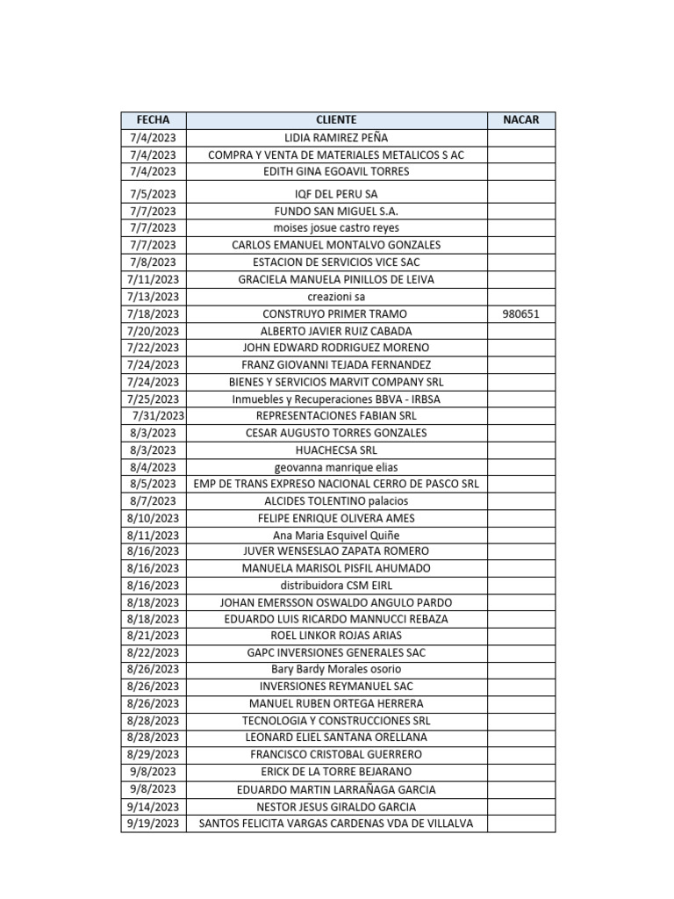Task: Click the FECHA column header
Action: (x=153, y=120)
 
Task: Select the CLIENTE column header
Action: (x=336, y=120)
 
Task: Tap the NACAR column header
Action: (x=521, y=120)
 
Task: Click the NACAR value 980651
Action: (x=521, y=314)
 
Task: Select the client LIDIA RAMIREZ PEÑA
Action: (x=336, y=138)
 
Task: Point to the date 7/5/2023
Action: (x=153, y=194)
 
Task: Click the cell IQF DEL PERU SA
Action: (x=336, y=194)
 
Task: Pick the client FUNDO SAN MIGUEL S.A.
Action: (x=336, y=212)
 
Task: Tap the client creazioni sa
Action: (x=336, y=297)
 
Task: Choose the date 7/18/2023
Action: (x=153, y=314)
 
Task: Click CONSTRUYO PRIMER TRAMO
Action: (x=336, y=314)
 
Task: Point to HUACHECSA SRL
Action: (x=336, y=450)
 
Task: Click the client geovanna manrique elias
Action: (x=336, y=467)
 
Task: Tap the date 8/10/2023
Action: (x=153, y=518)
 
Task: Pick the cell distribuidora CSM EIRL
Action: (x=336, y=586)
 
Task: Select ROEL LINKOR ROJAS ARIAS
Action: (x=336, y=636)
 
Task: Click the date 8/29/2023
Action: (x=153, y=754)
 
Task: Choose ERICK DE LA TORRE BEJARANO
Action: (x=336, y=772)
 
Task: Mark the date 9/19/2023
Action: (x=153, y=823)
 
